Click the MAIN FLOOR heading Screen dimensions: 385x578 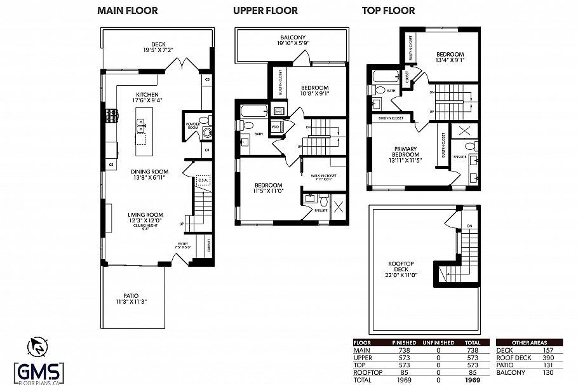127,11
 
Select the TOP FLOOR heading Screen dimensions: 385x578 388,11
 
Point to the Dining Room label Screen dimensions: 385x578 149,172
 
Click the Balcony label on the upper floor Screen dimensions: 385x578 292,37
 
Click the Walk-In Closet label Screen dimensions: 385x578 323,175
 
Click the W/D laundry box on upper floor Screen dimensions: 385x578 275,127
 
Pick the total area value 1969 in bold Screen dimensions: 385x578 471,380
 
